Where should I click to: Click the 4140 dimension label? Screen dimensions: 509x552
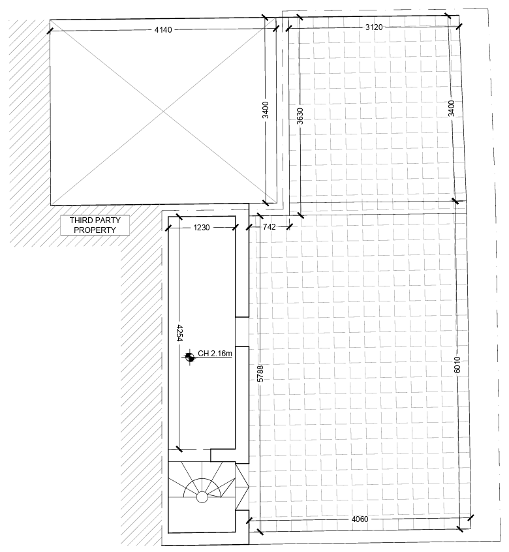[163, 30]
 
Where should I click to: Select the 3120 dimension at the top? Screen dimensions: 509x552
[373, 27]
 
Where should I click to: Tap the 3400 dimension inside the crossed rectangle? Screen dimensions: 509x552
[266, 110]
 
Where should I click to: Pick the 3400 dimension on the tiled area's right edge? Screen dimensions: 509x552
[452, 108]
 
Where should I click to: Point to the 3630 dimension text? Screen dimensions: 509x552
[300, 116]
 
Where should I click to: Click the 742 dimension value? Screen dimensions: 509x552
[270, 227]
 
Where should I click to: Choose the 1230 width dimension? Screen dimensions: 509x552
[202, 228]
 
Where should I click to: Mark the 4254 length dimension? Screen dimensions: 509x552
[180, 333]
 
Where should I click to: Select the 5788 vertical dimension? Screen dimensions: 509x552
[260, 373]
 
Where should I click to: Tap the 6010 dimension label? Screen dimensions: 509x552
[457, 365]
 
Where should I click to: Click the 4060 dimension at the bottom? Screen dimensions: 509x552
[360, 519]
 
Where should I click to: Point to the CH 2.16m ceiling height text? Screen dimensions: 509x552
[215, 353]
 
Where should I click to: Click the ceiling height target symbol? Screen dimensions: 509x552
[189, 358]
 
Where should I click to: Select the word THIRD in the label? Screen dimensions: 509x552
[80, 221]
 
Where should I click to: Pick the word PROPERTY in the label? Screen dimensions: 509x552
[95, 230]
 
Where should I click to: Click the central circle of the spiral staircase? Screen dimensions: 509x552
[202, 497]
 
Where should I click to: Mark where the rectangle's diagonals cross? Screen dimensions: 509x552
[163, 112]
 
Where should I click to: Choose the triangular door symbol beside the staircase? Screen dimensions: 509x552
[242, 487]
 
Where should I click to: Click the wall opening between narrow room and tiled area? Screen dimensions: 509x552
[242, 331]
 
